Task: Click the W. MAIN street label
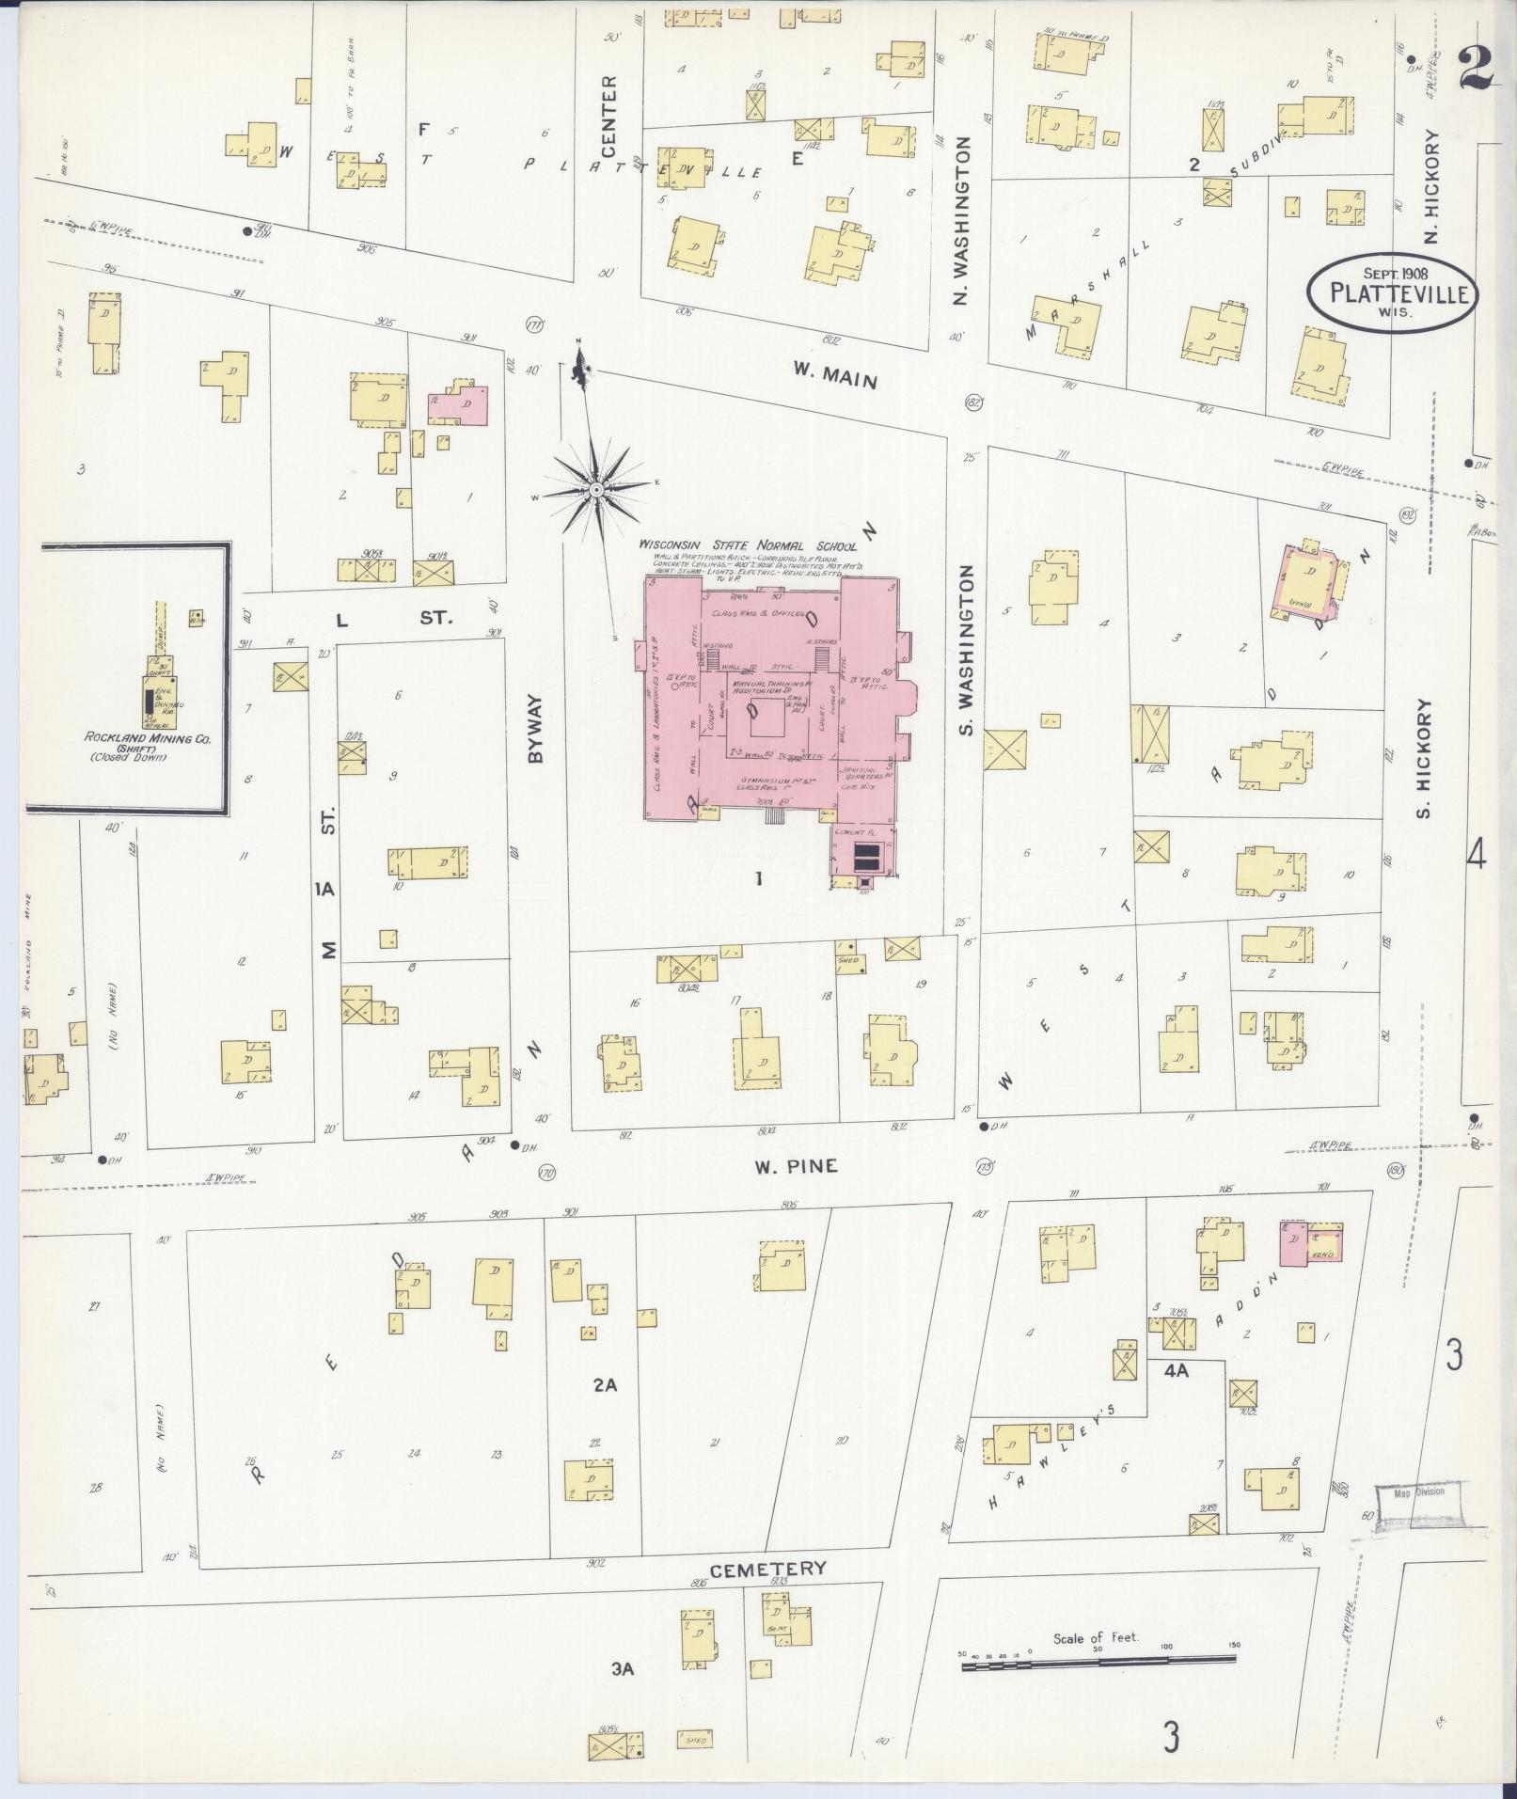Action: point(834,374)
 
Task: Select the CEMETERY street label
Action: point(767,1569)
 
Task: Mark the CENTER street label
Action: point(608,117)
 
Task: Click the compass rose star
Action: point(597,490)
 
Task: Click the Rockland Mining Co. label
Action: point(148,739)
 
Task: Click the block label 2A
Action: point(604,1384)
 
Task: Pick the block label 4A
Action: point(1176,1371)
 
